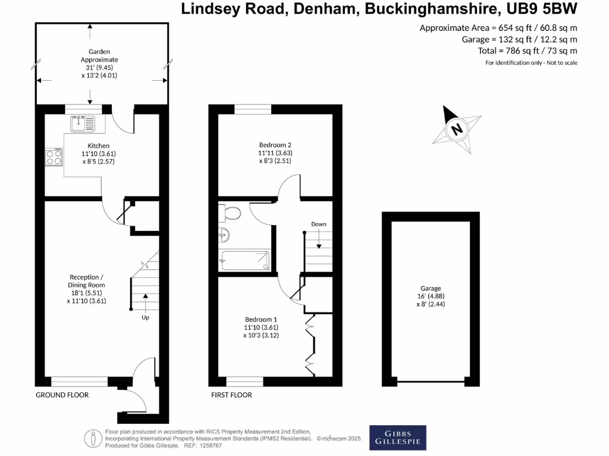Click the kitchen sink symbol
[x=82, y=123]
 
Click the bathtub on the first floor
[x=245, y=260]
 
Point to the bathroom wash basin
[x=224, y=235]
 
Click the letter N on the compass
[x=457, y=128]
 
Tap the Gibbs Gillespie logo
[x=398, y=436]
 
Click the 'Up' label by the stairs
[x=145, y=317]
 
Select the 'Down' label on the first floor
[x=319, y=224]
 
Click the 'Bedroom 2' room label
[x=275, y=145]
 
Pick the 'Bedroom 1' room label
[x=260, y=319]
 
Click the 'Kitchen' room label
[x=99, y=145]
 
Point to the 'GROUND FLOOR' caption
[x=62, y=395]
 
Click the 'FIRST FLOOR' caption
[x=231, y=395]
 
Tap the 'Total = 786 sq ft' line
[x=528, y=50]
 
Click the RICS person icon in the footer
[x=94, y=438]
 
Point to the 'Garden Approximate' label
[x=99, y=56]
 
